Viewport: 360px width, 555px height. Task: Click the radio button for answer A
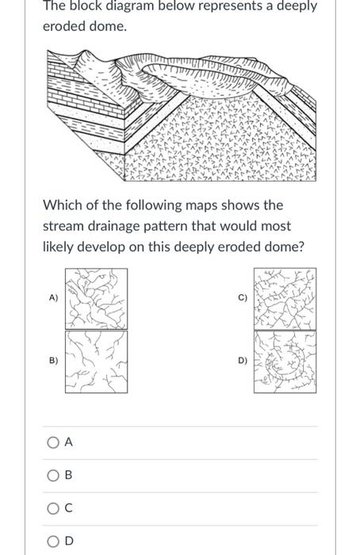(52, 443)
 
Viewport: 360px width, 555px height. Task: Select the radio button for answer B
(52, 476)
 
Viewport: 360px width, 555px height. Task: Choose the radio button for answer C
(52, 508)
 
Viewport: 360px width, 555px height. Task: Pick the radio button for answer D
(52, 541)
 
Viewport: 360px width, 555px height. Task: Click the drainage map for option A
(96, 298)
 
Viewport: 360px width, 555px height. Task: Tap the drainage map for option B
(96, 361)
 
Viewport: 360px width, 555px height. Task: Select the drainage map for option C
(284, 298)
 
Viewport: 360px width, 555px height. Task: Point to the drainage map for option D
(284, 362)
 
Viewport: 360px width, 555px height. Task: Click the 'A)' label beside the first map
(53, 298)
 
